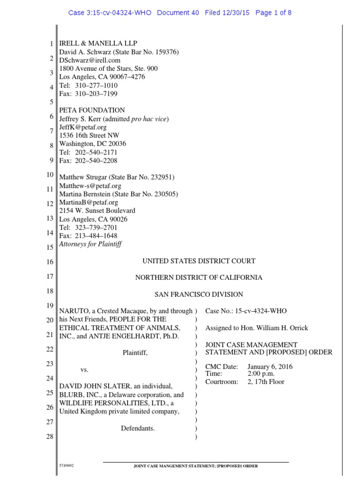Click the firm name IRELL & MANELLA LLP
[98, 44]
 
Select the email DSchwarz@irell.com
[90, 60]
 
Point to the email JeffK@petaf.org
[82, 127]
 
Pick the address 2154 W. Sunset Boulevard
[97, 210]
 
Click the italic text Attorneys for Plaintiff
[90, 244]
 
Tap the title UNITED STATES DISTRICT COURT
[199, 261]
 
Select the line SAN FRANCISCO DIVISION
[199, 294]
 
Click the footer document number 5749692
[66, 466]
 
